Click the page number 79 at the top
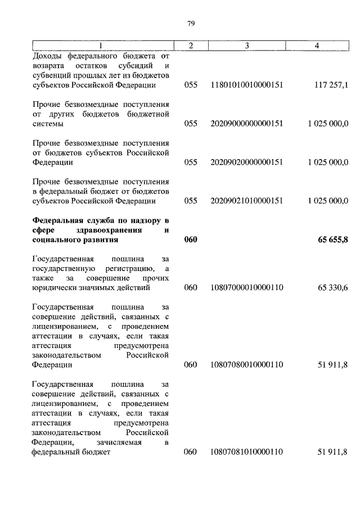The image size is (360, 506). [190, 24]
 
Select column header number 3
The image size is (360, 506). [246, 46]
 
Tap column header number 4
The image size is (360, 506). [317, 46]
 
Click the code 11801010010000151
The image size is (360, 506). [246, 85]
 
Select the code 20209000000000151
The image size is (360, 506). [246, 124]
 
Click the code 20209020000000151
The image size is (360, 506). [246, 162]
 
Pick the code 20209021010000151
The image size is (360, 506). [246, 201]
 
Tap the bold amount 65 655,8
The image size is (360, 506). [333, 240]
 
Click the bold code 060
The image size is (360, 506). [191, 240]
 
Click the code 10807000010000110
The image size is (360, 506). [246, 288]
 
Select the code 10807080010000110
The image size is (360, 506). [246, 365]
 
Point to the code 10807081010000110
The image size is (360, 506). [246, 451]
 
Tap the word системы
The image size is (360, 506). [48, 124]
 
